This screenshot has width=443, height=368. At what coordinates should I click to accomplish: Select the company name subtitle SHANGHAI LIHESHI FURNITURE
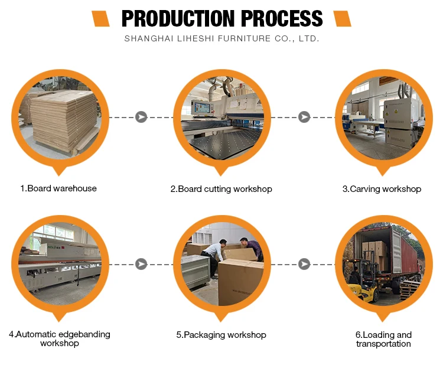pyautogui.click(x=221, y=38)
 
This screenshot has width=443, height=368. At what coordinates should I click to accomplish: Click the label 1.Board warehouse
pyautogui.click(x=58, y=188)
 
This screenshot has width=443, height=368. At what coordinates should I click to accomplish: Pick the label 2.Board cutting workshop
pyautogui.click(x=221, y=189)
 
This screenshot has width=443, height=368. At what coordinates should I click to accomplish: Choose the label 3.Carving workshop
pyautogui.click(x=382, y=189)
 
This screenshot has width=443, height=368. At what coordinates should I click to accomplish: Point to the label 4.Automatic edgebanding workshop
pyautogui.click(x=59, y=338)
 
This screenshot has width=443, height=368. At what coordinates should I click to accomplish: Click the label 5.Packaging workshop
pyautogui.click(x=221, y=335)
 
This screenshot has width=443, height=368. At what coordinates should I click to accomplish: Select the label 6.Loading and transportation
pyautogui.click(x=383, y=339)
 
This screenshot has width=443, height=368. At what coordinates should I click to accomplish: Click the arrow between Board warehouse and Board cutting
pyautogui.click(x=141, y=117)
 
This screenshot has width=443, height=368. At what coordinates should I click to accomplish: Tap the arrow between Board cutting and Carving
pyautogui.click(x=304, y=117)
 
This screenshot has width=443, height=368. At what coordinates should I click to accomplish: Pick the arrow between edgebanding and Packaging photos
pyautogui.click(x=141, y=263)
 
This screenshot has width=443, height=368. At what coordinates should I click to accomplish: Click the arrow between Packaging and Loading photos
pyautogui.click(x=304, y=263)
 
